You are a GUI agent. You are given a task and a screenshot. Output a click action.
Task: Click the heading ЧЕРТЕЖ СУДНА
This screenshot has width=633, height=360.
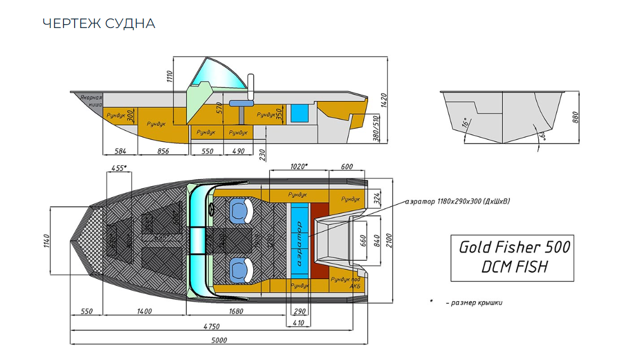(x=99, y=24)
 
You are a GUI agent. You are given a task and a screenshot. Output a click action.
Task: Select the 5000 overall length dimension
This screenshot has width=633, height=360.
(x=219, y=340)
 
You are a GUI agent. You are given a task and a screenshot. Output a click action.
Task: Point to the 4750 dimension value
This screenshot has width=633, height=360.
(x=211, y=326)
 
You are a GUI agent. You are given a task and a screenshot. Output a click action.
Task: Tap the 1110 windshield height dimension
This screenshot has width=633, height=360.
(x=169, y=76)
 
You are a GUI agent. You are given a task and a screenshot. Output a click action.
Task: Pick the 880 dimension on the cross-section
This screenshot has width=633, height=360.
(x=575, y=117)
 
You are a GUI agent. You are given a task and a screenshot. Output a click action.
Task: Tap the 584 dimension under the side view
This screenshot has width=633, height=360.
(x=120, y=151)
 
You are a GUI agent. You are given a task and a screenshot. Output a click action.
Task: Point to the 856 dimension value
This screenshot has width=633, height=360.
(x=163, y=151)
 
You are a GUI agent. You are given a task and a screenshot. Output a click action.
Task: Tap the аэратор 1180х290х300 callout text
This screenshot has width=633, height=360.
(x=457, y=201)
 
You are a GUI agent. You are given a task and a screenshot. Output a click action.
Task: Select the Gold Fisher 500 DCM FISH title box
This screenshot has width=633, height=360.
(x=512, y=257)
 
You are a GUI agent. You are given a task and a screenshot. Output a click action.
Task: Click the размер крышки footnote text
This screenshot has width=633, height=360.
(x=474, y=303)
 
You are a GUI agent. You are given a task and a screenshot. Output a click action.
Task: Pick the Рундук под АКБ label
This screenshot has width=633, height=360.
(x=346, y=281)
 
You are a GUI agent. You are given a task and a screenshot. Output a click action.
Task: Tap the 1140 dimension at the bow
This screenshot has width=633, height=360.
(x=47, y=241)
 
